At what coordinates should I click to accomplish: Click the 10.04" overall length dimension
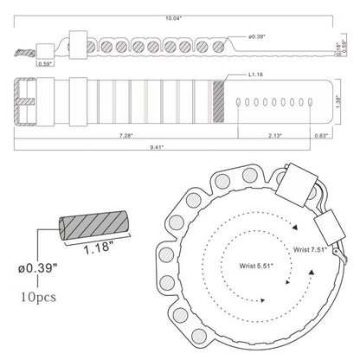click(173, 18)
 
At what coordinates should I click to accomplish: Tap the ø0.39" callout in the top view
click(256, 36)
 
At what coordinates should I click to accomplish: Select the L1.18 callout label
click(255, 74)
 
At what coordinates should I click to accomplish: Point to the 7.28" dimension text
click(126, 136)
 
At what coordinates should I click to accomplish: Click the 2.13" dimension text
click(275, 136)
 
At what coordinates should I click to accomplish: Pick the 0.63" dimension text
click(321, 136)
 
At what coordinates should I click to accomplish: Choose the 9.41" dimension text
click(157, 147)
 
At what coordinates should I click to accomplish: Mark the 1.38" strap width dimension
click(338, 101)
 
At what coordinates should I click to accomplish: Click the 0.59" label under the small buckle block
click(45, 64)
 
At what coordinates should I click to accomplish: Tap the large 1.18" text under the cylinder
click(99, 247)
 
